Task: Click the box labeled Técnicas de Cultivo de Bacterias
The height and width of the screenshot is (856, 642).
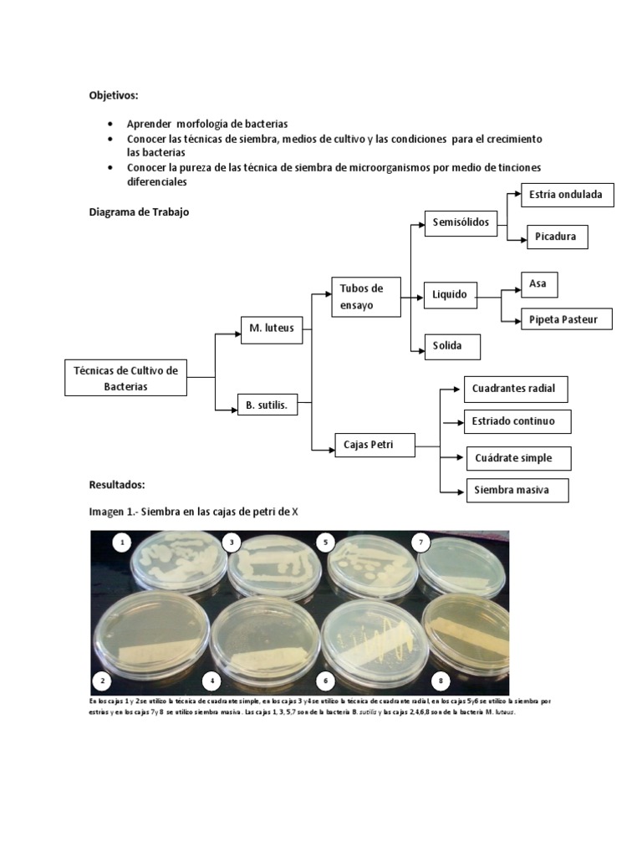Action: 125,378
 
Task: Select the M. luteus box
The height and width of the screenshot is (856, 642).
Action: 271,328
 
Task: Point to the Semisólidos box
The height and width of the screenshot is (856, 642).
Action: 459,222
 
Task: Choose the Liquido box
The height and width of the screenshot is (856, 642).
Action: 450,294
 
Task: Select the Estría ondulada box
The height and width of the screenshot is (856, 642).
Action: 567,196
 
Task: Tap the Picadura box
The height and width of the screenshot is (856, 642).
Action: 556,237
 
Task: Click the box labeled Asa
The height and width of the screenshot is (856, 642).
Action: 538,283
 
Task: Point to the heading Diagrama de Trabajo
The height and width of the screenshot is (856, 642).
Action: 139,212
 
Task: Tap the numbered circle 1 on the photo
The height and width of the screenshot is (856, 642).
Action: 123,543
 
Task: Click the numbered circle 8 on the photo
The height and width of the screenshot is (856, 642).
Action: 441,680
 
